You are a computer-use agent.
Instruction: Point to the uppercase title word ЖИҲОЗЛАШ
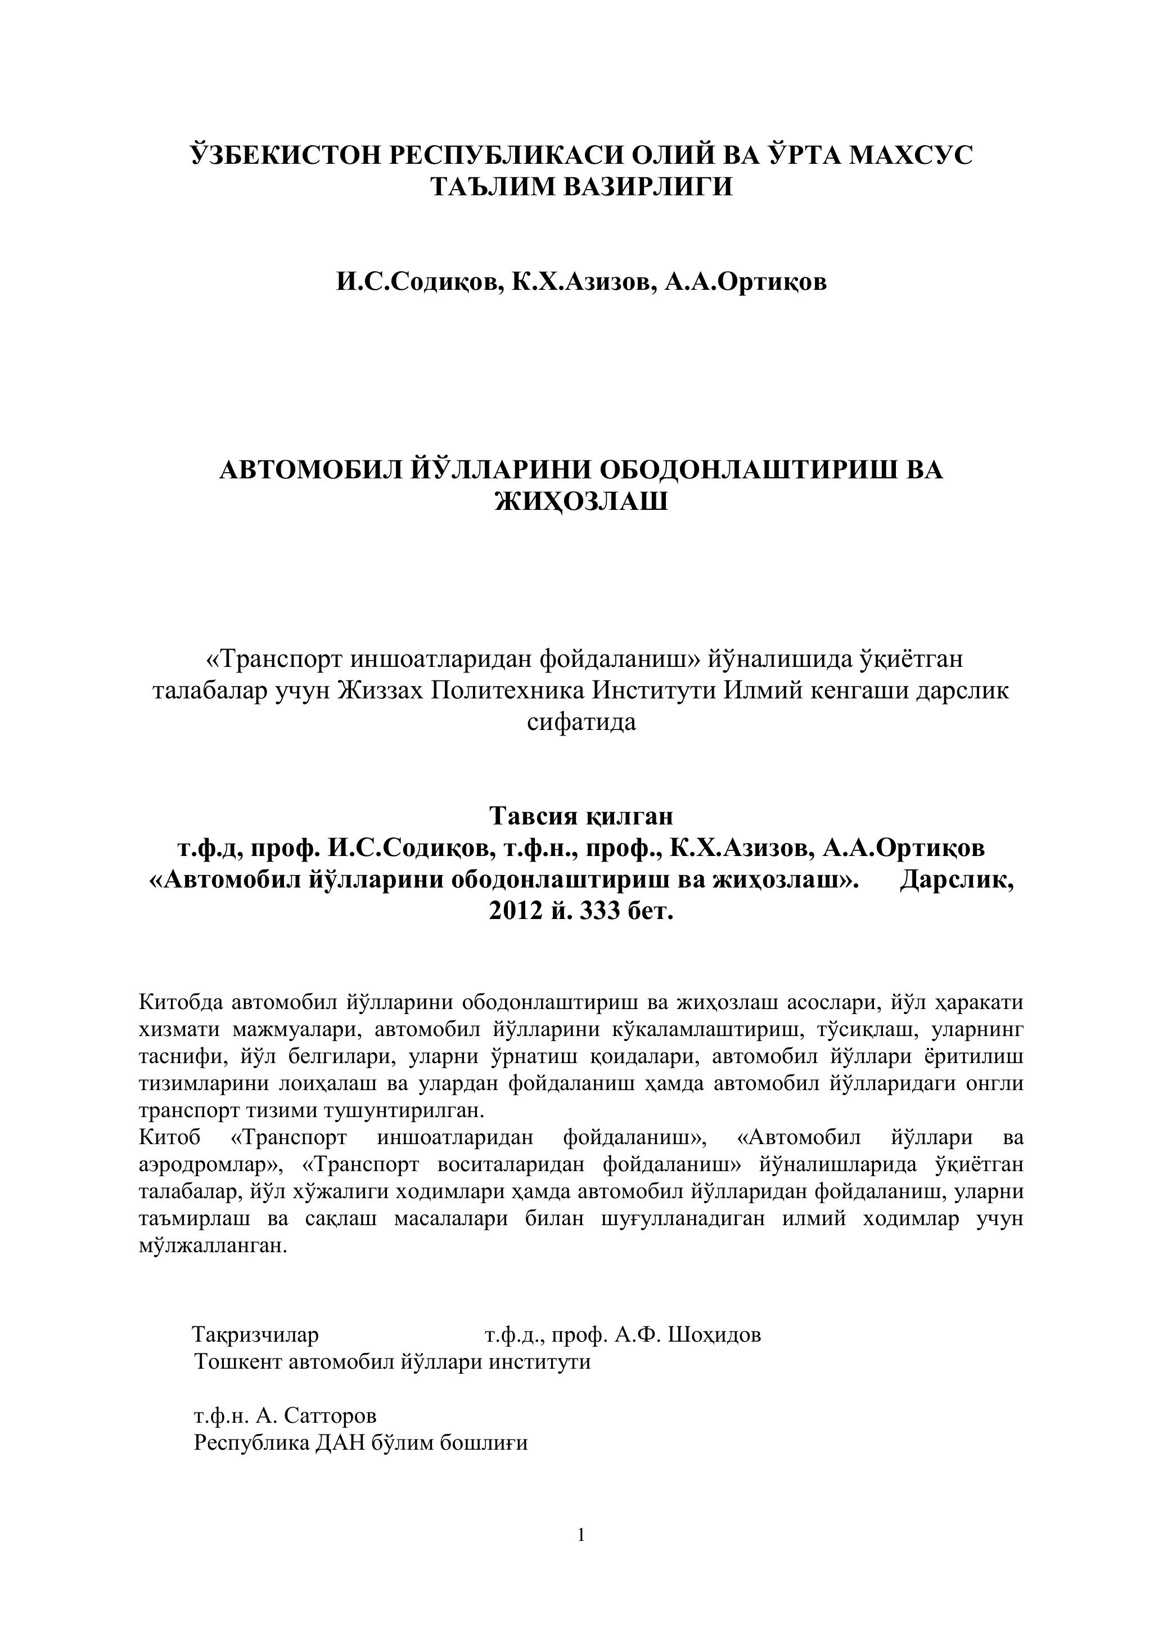pos(581,501)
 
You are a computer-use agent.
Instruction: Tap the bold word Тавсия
pos(531,815)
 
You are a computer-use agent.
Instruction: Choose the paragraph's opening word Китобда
pos(181,1001)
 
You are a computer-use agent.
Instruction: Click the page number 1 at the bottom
pos(581,1548)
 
